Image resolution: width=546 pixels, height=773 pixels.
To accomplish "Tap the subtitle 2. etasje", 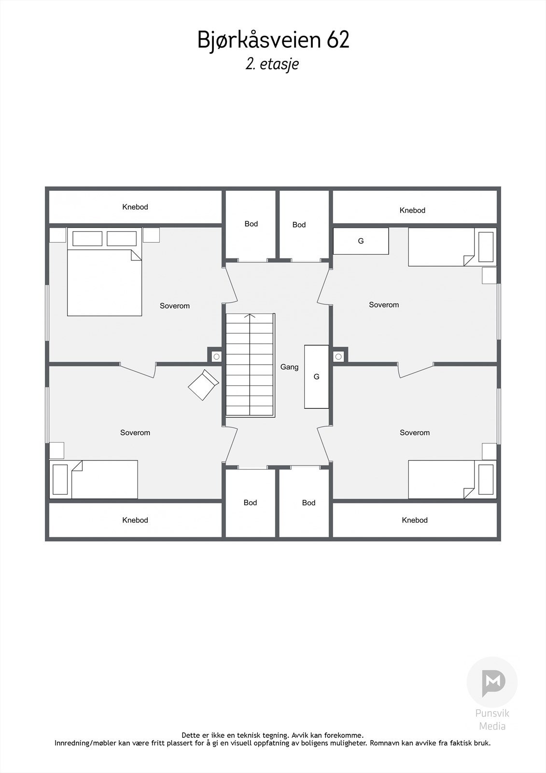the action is point(272,64).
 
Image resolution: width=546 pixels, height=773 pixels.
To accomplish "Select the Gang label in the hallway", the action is point(289,367).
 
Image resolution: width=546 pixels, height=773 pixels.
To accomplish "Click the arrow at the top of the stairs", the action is point(250,315).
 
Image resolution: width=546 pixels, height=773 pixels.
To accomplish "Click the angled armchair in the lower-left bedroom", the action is point(204,385).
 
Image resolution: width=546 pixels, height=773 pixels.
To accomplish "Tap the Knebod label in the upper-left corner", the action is point(135,207).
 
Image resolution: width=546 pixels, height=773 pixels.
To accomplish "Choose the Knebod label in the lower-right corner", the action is point(415,520).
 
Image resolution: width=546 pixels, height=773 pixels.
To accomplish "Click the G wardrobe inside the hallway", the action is point(316,377).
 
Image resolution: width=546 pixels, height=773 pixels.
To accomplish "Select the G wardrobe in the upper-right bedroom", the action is point(361,241).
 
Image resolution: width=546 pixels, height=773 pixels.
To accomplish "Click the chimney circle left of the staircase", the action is point(216,357).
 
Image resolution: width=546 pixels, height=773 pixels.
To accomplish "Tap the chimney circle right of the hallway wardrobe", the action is point(338,357).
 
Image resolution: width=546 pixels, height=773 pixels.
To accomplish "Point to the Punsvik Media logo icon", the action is point(492,682).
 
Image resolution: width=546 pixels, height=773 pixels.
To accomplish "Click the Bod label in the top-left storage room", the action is point(251,224).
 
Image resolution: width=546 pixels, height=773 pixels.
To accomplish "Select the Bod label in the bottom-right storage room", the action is point(308,503).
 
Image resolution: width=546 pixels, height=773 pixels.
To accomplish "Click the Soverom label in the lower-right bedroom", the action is point(415,433).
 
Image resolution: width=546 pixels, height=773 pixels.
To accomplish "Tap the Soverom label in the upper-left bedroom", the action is point(175,306).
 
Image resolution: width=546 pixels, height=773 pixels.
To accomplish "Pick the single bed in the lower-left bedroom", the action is point(94,479).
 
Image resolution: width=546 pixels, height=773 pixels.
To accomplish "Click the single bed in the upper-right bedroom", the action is point(452,247).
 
